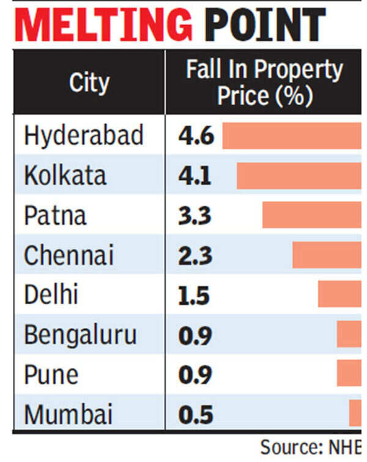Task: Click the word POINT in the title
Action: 264,26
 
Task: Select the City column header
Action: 89,83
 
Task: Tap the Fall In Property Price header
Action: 264,83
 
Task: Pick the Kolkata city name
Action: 65,176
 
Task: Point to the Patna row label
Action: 55,216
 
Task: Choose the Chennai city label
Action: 69,256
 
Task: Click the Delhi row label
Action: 51,296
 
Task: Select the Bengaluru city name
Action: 81,335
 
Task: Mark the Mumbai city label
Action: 69,415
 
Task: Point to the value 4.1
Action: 195,176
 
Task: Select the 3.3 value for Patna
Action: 195,216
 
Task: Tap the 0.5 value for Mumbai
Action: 195,415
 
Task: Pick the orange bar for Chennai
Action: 327,255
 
